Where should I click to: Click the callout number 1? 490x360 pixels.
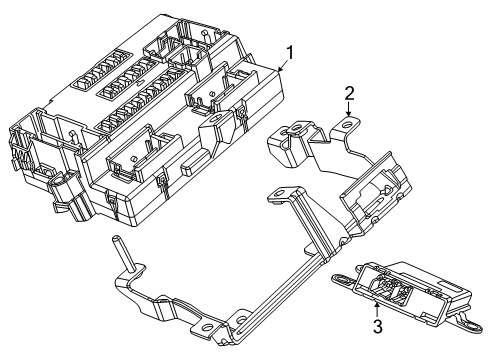[x=290, y=52]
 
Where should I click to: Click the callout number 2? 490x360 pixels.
[x=349, y=93]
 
